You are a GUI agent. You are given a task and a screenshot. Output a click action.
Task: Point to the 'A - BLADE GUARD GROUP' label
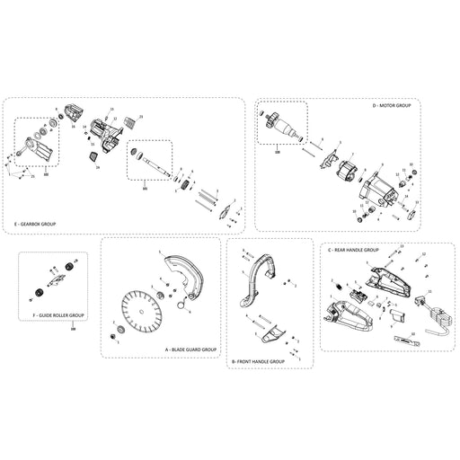[x=190, y=348]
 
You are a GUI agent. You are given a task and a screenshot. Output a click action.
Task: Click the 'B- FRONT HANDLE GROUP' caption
[x=258, y=360]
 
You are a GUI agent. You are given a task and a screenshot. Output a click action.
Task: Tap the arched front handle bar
[x=256, y=274]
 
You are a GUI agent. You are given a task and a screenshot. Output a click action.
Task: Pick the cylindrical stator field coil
[x=345, y=177]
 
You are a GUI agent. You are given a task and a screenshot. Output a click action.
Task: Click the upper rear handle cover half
[x=388, y=279]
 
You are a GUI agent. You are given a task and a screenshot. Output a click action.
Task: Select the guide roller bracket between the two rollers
[x=56, y=280]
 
